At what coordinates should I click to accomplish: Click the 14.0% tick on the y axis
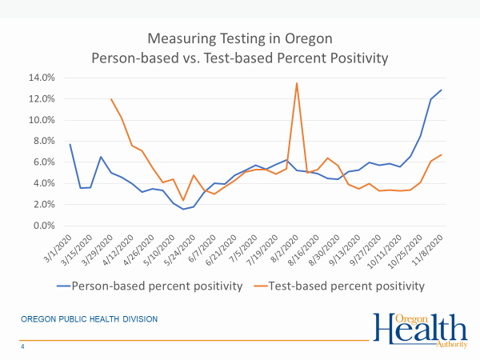(41, 78)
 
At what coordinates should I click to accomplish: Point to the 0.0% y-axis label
(42, 226)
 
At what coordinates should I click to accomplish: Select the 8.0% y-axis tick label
(42, 141)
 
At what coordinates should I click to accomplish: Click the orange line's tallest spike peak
(297, 83)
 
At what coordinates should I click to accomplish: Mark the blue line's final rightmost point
(442, 90)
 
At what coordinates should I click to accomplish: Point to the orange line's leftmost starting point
(111, 99)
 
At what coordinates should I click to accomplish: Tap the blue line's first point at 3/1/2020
(70, 144)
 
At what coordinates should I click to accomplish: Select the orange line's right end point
(442, 155)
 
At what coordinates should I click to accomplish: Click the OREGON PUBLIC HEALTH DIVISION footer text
(89, 319)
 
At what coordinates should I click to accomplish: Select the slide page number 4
(22, 347)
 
